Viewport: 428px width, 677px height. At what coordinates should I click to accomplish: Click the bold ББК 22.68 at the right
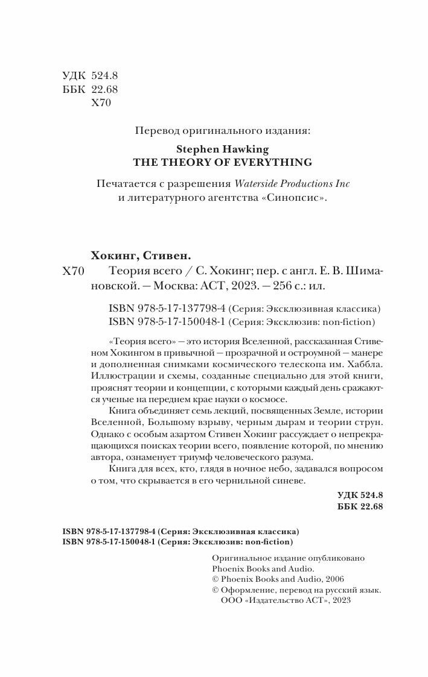click(x=360, y=506)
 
